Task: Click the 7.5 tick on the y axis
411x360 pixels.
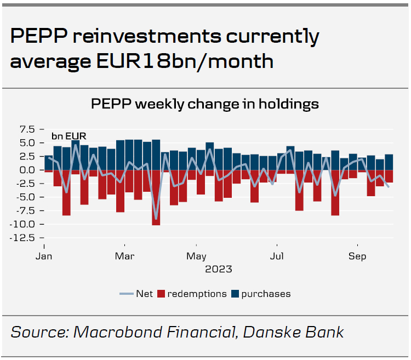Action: (x=27, y=129)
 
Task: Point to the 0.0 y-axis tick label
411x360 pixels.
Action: (x=27, y=170)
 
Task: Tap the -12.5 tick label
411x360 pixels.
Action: (x=24, y=238)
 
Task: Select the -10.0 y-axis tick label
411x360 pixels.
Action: (x=24, y=224)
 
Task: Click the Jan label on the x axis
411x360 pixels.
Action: (x=44, y=256)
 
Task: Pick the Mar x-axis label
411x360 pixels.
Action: (x=125, y=256)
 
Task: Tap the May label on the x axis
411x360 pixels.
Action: (x=196, y=256)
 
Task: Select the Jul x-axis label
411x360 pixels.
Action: (x=277, y=256)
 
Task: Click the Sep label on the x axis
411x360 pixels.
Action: (x=358, y=256)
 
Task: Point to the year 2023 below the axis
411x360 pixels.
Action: (x=219, y=269)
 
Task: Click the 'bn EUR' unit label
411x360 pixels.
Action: (x=68, y=136)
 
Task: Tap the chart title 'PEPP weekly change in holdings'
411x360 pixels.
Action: (x=205, y=104)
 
